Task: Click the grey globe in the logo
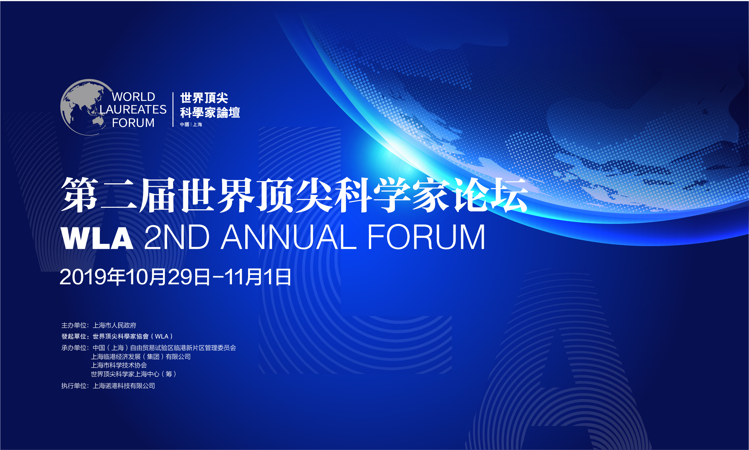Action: coord(83,107)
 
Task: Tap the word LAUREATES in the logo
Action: coord(133,110)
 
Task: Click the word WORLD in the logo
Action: coord(133,97)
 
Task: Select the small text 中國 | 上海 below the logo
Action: coord(191,124)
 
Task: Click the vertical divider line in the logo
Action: coord(173,110)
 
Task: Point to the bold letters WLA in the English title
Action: coord(97,238)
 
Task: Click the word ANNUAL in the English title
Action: coord(289,237)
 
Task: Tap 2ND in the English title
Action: coord(177,237)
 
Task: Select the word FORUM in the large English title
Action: coord(426,237)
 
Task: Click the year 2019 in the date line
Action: coord(83,277)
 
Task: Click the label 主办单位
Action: coord(74,325)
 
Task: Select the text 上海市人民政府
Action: coord(114,325)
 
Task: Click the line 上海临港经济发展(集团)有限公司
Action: coord(141,357)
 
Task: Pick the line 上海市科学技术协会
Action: coord(119,365)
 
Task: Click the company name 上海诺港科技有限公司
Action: coord(124,386)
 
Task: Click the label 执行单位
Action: coord(74,386)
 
